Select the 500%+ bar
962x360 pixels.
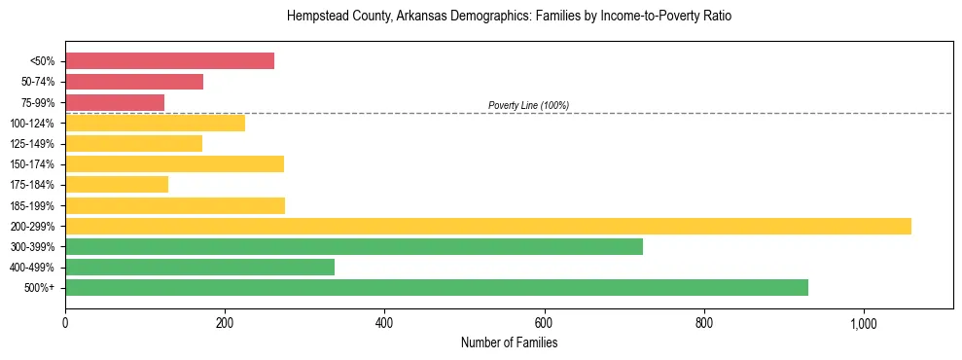[x=437, y=288]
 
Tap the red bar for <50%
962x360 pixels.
[x=169, y=61]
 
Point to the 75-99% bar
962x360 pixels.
[x=115, y=102]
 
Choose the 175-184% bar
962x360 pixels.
[x=117, y=185]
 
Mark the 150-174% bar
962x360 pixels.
[x=174, y=164]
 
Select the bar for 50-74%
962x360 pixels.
[x=134, y=82]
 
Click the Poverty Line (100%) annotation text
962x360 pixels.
[x=528, y=105]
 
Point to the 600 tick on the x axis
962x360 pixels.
[x=544, y=324]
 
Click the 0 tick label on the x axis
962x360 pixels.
[x=65, y=324]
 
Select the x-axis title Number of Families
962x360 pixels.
[x=509, y=343]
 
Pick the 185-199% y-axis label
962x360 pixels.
[x=32, y=206]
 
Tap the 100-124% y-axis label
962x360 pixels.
[x=32, y=124]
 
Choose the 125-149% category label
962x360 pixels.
[x=32, y=144]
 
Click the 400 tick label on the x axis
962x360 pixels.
[x=384, y=324]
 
